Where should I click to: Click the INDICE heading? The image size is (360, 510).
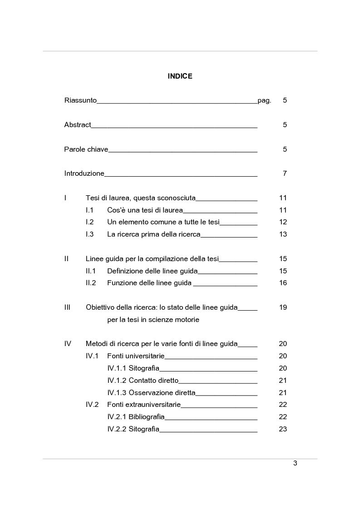(x=180, y=76)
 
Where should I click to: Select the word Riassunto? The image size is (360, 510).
(x=80, y=100)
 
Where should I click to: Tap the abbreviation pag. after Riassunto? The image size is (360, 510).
(x=264, y=101)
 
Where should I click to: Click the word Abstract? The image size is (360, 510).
(x=78, y=125)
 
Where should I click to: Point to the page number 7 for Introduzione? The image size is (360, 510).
(x=285, y=173)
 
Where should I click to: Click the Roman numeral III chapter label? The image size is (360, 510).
(x=67, y=307)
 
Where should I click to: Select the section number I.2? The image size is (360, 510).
(x=89, y=222)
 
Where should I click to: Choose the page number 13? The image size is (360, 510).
(x=283, y=234)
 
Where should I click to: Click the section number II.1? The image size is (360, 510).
(x=90, y=271)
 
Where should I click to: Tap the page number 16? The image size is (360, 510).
(x=283, y=283)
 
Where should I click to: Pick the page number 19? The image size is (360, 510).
(x=283, y=307)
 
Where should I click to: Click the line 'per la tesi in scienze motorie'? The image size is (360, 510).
(x=153, y=320)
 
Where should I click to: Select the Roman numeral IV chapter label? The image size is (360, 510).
(x=68, y=344)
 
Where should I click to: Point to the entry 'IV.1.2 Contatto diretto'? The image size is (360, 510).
(x=143, y=381)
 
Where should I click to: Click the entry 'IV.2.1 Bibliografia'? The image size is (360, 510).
(x=136, y=417)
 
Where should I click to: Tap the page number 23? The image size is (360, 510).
(x=283, y=429)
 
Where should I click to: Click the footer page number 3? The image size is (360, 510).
(x=295, y=464)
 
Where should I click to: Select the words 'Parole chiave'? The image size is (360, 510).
(x=86, y=149)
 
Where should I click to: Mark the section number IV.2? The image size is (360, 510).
(x=92, y=405)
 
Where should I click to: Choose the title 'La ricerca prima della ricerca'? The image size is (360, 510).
(x=153, y=234)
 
